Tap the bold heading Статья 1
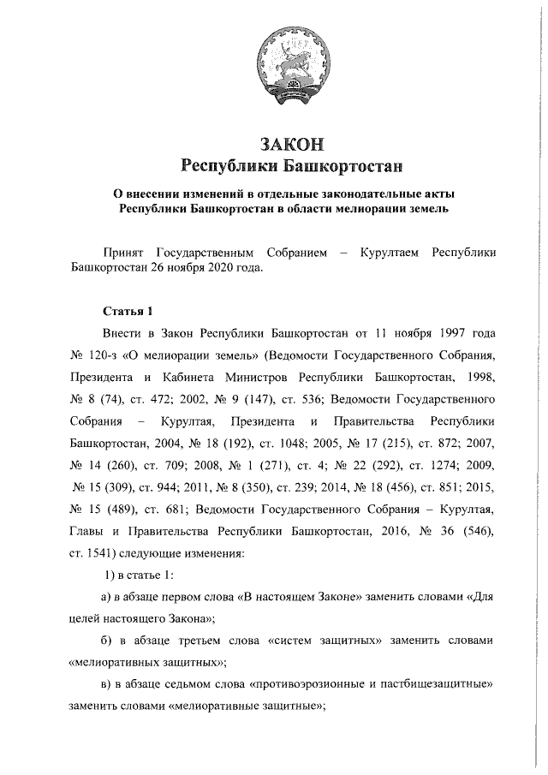coord(126,309)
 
